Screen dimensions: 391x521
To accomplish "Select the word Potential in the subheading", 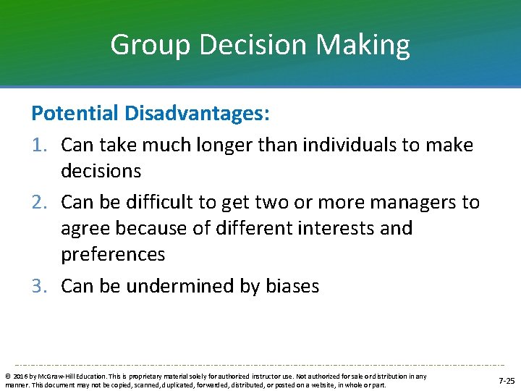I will (75, 113).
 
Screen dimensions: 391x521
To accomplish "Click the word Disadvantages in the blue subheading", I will (193, 113).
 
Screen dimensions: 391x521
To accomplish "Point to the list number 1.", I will (40, 145).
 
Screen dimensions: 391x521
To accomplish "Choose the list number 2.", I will (40, 202).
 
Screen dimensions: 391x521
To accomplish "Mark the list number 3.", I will (40, 286).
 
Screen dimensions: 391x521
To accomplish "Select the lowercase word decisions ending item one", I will (101, 171).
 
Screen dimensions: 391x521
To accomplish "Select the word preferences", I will (113, 255).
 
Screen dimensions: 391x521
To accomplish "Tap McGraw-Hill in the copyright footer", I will (51, 376).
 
